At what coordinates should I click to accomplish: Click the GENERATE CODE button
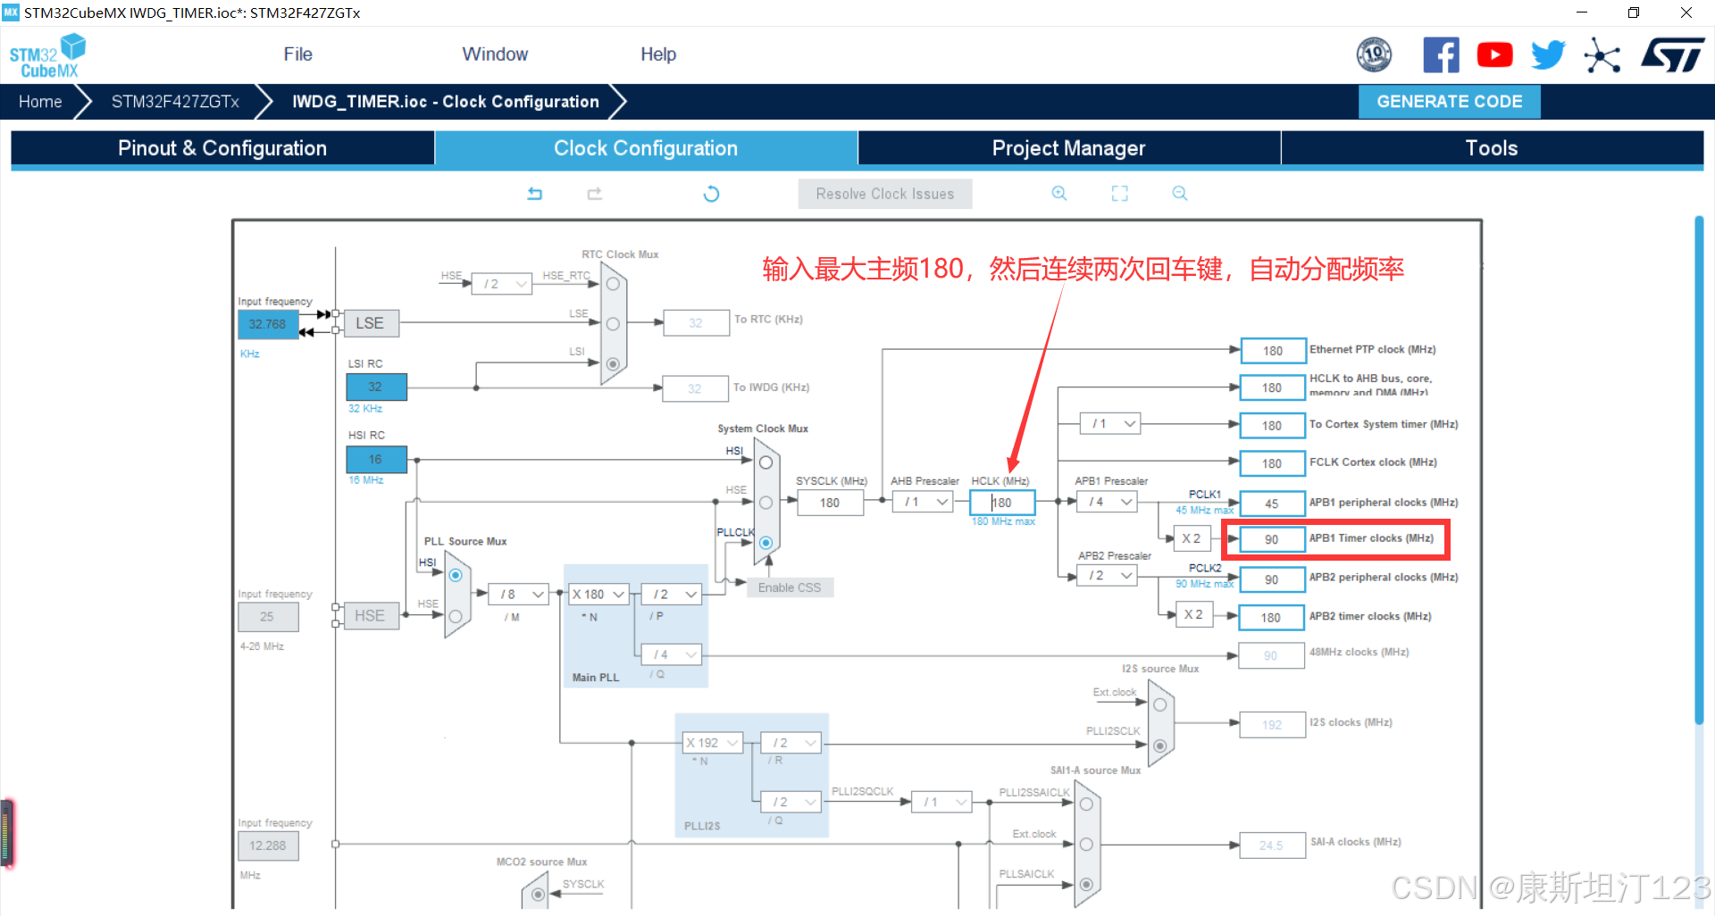click(1449, 102)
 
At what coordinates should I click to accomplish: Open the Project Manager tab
click(1068, 148)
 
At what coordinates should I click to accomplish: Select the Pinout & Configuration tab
click(222, 148)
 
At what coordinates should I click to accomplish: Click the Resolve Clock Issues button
click(884, 194)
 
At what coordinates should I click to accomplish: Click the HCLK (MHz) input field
click(1002, 503)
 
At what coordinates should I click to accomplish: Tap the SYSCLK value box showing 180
click(830, 503)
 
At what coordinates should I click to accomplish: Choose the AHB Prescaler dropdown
click(925, 503)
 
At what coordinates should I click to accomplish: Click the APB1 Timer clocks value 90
click(1271, 539)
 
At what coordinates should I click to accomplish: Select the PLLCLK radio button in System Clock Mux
click(765, 542)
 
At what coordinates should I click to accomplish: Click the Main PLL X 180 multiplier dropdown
click(598, 594)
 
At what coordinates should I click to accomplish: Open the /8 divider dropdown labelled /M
click(520, 594)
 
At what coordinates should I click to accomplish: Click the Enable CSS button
click(789, 587)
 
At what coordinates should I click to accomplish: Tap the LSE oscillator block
click(370, 323)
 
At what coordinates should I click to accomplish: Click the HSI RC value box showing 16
click(375, 459)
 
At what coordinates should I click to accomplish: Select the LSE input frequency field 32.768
click(267, 324)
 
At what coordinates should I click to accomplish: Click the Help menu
click(658, 54)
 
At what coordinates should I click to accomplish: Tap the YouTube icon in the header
click(1494, 55)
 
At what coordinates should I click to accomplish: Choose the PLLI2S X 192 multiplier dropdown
click(712, 743)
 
